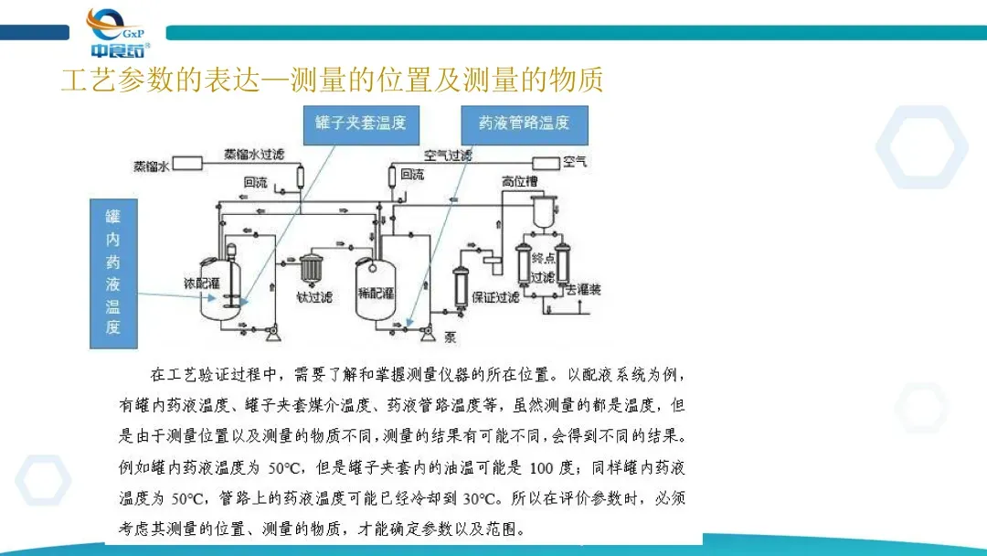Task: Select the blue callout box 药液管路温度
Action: pos(524,123)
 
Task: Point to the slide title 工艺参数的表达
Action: pos(331,80)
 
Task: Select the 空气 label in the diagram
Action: pos(575,163)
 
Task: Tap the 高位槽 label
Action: pos(517,181)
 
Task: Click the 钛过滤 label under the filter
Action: pos(314,296)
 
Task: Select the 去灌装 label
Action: pos(584,292)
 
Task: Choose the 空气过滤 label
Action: pos(447,155)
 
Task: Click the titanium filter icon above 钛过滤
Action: pos(313,269)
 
